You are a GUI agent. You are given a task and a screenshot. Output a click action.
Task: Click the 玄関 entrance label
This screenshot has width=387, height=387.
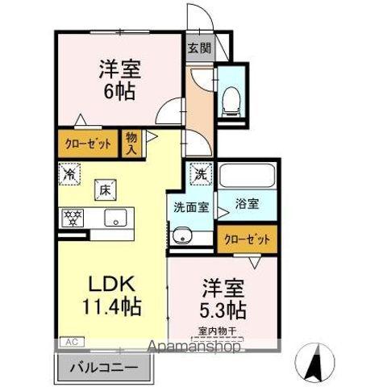point(197,47)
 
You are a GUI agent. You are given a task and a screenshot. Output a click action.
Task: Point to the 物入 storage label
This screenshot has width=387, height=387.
point(131,144)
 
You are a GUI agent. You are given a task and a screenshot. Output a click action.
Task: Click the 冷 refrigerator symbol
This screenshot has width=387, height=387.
point(69,173)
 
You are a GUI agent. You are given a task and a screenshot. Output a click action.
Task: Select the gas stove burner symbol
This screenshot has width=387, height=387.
point(73,216)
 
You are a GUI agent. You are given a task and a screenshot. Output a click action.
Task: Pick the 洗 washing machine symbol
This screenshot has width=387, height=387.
point(198,173)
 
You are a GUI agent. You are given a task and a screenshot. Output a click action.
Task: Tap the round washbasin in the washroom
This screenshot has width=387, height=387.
point(184,235)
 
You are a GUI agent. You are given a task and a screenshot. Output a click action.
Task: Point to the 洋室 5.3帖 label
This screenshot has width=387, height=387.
point(221,298)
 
